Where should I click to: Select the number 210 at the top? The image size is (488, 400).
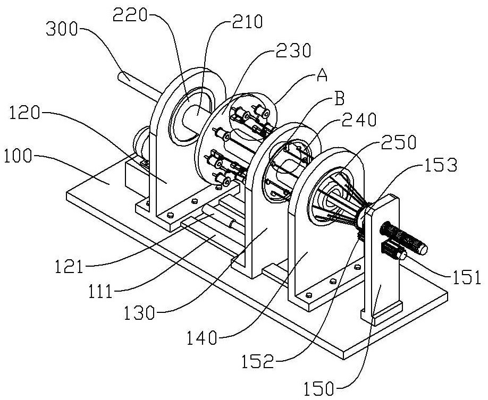pos(247,22)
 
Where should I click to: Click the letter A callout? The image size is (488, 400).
pos(322,75)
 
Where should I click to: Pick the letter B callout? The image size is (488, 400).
pos(339,99)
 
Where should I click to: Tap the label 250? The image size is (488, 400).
pos(399,142)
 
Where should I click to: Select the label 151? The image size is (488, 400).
pos(465,277)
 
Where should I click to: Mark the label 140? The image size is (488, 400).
pos(201,337)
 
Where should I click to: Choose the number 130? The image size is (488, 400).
pos(139,313)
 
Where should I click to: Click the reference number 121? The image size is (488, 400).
pos(70,267)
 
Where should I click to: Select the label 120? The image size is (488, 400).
pos(24,113)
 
